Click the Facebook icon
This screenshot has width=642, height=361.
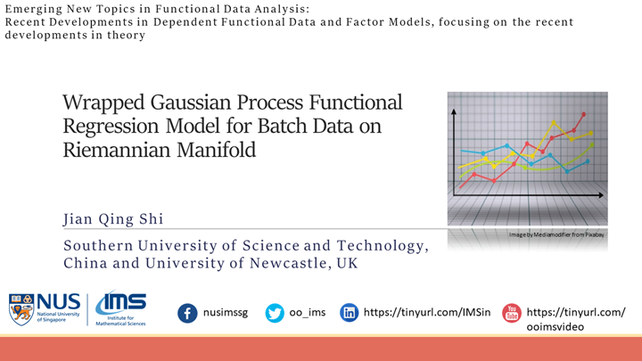click(187, 313)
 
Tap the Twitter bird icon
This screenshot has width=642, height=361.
click(275, 313)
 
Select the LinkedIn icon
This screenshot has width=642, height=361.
click(350, 313)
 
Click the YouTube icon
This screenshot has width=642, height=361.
click(511, 313)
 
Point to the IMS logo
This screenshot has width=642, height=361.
click(120, 308)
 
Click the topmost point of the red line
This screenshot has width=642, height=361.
click(584, 114)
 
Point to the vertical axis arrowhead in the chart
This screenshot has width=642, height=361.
click(455, 111)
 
